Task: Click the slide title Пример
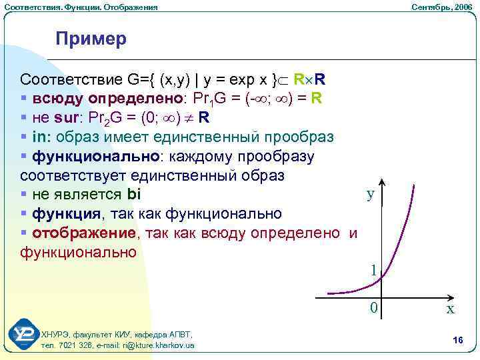pos(91,39)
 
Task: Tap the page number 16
pos(457,341)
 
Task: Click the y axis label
pos(370,195)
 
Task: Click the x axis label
pos(451,309)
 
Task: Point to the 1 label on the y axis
pos(375,270)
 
